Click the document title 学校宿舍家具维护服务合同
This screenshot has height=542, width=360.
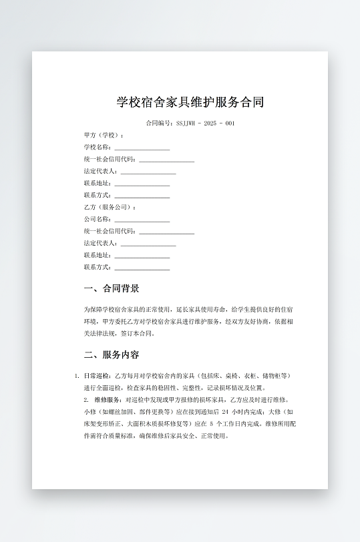coord(190,102)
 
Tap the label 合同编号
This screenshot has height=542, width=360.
coord(159,123)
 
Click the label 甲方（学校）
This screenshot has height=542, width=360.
coord(104,135)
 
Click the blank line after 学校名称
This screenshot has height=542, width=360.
coord(142,148)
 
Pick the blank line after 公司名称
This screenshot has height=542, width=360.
coord(142,220)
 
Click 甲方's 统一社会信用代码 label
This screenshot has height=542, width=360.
coord(110,160)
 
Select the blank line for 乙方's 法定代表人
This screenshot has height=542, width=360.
coord(148,244)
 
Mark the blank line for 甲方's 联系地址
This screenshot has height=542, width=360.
coord(142,184)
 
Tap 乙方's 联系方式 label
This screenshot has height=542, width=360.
coord(98,267)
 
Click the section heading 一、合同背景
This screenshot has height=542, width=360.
coord(112,289)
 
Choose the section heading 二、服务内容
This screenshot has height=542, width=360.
coord(112,354)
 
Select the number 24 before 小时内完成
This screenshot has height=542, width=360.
coord(225,412)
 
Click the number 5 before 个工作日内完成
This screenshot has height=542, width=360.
coord(211,424)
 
